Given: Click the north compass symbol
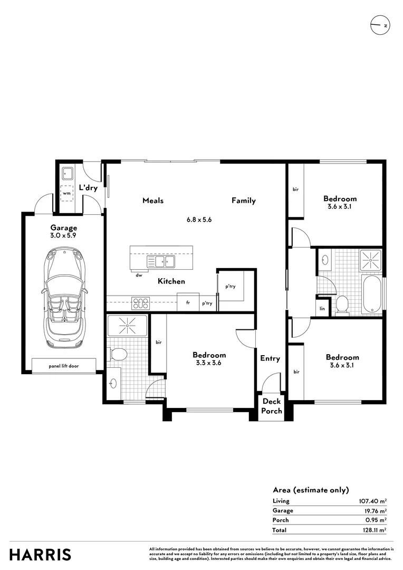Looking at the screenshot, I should click(x=380, y=25).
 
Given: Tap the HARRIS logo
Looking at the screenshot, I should click(x=40, y=555).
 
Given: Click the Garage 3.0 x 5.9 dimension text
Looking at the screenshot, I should click(x=63, y=236).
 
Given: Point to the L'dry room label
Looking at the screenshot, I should click(x=88, y=187).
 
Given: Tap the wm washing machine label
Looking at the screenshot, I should click(x=66, y=194).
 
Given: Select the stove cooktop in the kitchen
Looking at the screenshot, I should click(x=141, y=303).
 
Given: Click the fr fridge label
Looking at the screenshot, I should click(x=187, y=303).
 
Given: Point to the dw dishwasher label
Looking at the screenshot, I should click(x=139, y=274).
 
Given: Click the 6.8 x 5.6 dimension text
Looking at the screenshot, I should click(x=199, y=220).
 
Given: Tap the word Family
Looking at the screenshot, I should click(x=243, y=201).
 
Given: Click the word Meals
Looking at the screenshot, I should click(x=153, y=201).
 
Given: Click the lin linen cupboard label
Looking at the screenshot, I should click(x=321, y=308).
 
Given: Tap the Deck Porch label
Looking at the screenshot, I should click(x=272, y=406).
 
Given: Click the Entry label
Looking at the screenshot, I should click(x=270, y=358).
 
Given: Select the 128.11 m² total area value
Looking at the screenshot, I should click(x=372, y=529).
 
